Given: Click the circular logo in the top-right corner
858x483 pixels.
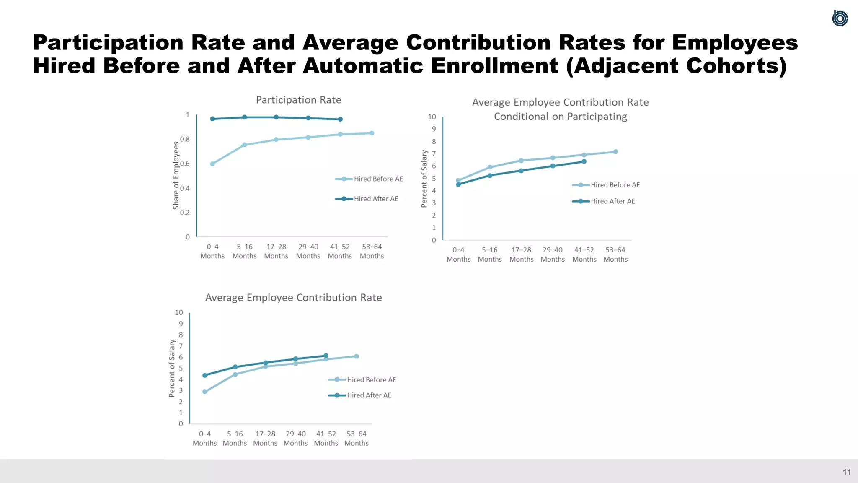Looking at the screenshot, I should tap(840, 18).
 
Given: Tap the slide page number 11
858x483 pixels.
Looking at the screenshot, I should tap(846, 472).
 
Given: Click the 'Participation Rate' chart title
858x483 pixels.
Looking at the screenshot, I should tap(298, 100).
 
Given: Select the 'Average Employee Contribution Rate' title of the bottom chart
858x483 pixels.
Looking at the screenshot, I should tap(293, 298).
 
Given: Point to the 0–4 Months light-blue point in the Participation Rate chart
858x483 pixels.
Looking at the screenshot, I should tap(212, 164).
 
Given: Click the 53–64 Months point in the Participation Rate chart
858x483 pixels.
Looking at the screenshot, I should tap(372, 133).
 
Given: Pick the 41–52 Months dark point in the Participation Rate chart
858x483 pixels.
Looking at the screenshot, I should tap(340, 119).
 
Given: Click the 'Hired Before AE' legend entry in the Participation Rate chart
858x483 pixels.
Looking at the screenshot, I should tap(370, 179).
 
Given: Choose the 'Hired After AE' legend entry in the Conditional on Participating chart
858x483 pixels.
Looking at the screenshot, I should tap(604, 201).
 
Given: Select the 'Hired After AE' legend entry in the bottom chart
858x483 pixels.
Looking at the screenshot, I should tap(360, 395).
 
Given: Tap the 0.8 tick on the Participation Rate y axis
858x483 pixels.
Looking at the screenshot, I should tap(185, 139).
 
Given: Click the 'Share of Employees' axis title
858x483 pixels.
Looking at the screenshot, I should tap(176, 175).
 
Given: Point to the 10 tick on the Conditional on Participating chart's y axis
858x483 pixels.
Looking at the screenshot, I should tap(432, 117).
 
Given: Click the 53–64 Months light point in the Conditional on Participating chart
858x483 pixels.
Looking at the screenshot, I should tap(615, 152).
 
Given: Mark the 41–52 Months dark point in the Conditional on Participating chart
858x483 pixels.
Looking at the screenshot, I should tap(584, 161).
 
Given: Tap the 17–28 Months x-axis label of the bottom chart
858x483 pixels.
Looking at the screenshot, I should tap(265, 439).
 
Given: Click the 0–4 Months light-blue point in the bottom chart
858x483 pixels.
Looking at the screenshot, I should tap(205, 392).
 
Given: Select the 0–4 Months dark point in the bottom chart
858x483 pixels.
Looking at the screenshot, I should tap(205, 375).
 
